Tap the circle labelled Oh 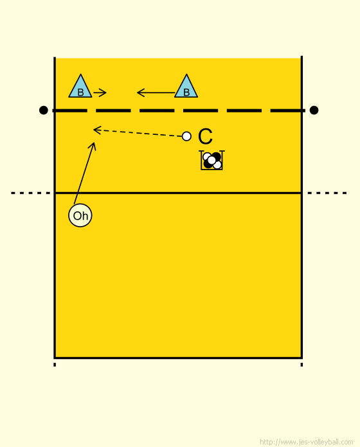click(80, 216)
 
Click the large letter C click(205, 137)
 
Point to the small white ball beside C click(186, 136)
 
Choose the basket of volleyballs click(212, 160)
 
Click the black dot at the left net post click(43, 110)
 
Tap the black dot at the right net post click(314, 110)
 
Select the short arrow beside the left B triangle click(100, 92)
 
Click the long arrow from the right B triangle click(156, 92)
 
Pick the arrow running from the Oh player click(85, 173)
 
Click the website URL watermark click(307, 442)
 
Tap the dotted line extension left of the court click(30, 193)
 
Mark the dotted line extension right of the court click(327, 193)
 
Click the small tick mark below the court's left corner click(55, 364)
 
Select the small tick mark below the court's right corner click(301, 364)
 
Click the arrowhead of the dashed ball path click(97, 130)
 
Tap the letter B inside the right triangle click(186, 92)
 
